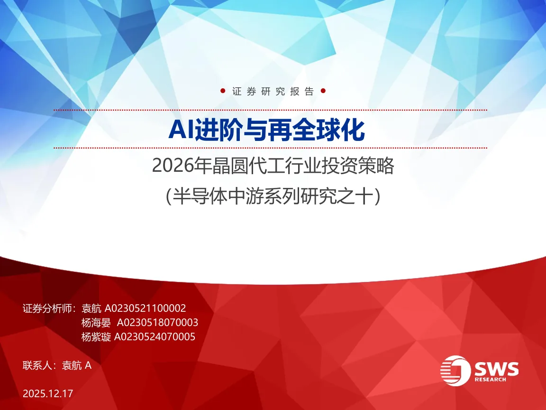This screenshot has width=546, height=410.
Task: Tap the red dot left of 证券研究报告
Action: (x=223, y=91)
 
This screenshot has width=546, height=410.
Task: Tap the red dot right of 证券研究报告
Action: (x=323, y=91)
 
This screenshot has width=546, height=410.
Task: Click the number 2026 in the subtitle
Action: (x=173, y=166)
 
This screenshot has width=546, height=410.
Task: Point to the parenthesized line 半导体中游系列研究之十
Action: (x=273, y=196)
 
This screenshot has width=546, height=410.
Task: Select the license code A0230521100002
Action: (x=145, y=308)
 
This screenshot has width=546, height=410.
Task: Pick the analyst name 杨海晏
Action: (x=96, y=323)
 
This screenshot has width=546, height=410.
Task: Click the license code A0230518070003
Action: (x=157, y=323)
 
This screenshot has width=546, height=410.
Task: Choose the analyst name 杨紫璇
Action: (x=96, y=337)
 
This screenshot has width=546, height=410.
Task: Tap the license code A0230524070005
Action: (x=155, y=337)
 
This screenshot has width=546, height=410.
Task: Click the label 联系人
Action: (x=37, y=365)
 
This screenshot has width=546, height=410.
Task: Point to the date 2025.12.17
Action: (x=48, y=393)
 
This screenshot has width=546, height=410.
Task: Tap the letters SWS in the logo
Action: (x=497, y=369)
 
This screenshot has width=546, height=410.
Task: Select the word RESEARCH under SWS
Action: (x=490, y=379)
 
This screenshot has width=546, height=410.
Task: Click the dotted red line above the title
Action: (x=270, y=110)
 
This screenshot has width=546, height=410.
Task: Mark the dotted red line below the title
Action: (x=270, y=148)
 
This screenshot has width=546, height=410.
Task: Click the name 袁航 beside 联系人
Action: (x=72, y=365)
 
